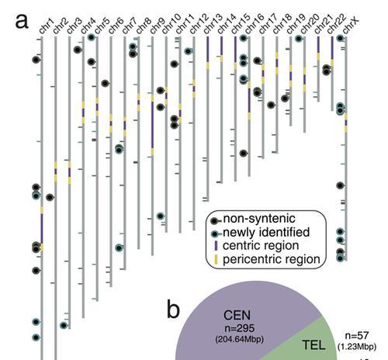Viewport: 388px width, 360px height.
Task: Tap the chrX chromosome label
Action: [x=351, y=26]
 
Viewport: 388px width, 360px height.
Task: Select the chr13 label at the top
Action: [x=213, y=24]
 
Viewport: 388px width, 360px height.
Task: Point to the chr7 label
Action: [x=130, y=26]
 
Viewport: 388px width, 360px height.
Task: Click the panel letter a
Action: [x=22, y=21]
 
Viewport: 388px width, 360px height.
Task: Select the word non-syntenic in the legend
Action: [x=259, y=219]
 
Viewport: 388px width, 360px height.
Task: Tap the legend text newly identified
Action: [x=266, y=232]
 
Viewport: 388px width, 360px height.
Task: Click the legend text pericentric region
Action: [x=272, y=259]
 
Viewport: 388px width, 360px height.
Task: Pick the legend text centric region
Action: [x=261, y=246]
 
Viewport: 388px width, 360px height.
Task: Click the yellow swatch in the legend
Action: [x=217, y=259]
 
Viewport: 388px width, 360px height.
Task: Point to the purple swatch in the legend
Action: [x=217, y=246]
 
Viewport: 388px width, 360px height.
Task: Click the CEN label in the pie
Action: [x=237, y=316]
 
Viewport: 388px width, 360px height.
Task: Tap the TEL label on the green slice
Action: [x=314, y=345]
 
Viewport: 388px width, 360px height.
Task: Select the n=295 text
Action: [x=240, y=328]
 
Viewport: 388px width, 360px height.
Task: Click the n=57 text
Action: [x=357, y=336]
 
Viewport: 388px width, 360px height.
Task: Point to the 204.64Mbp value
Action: [x=240, y=339]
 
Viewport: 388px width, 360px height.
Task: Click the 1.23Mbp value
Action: [x=357, y=347]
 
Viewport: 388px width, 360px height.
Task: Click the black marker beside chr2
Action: [x=50, y=198]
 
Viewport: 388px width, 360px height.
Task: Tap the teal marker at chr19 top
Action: [x=298, y=39]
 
